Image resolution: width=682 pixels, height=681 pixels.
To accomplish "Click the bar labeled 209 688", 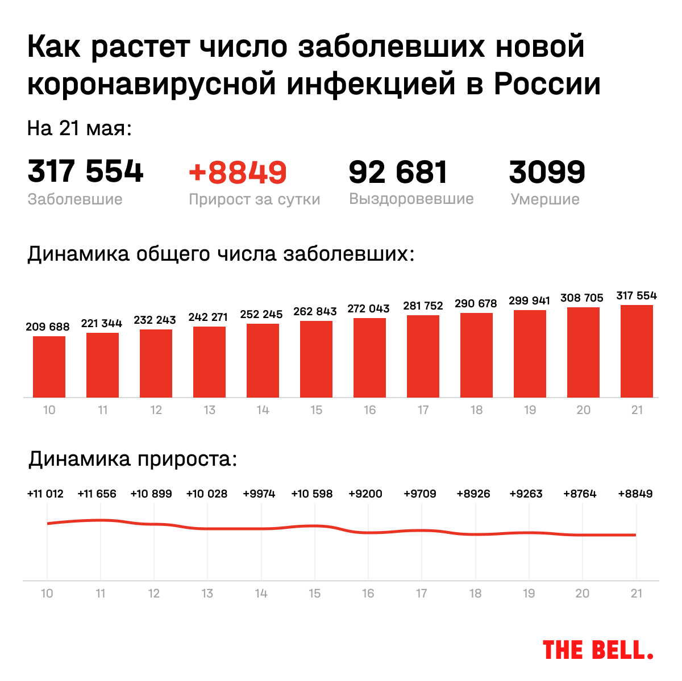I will pos(49,366).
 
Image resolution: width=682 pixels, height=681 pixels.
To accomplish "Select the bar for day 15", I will pos(316,359).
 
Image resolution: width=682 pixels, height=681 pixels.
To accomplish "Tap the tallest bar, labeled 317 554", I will pos(637,351).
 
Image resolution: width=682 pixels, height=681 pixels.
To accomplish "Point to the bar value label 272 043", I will pos(368,308).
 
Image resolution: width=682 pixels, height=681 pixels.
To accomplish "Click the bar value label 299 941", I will pos(529,300).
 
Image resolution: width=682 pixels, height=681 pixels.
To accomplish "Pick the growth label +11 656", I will pos(97,494).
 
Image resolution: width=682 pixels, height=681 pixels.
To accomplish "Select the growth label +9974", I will pos(259,494).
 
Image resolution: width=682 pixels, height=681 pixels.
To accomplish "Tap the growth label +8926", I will pos(473,494).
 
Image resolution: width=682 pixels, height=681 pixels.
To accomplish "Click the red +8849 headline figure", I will pos(238,172).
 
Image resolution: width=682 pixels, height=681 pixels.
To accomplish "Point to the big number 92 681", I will pos(398,172).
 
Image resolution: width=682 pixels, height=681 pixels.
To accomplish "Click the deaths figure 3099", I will pos(547,172).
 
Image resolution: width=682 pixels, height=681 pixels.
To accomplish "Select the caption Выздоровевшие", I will pos(411,199).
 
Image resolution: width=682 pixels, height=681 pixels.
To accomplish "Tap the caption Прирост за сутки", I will pos(254,199).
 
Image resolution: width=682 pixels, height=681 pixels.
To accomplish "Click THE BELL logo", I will pos(598,650).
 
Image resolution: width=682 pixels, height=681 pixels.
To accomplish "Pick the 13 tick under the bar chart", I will pos(209,410).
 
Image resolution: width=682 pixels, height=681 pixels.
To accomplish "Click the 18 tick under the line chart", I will pos(475,594).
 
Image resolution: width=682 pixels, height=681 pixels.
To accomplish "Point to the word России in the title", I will pos(547,84).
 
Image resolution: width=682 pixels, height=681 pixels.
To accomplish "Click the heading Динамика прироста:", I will pos(133,458).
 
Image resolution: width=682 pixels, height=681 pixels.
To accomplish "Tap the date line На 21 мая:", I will pos(80,128).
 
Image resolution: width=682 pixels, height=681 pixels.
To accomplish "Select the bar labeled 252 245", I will pos(263,360).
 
